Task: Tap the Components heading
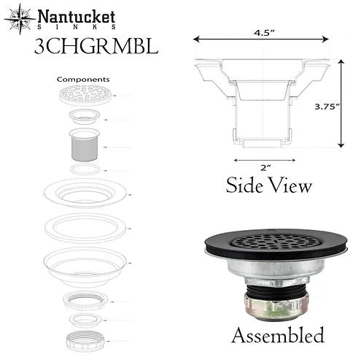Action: [x=83, y=79]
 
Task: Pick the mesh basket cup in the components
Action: [x=85, y=146]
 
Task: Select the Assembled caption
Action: [x=277, y=336]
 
